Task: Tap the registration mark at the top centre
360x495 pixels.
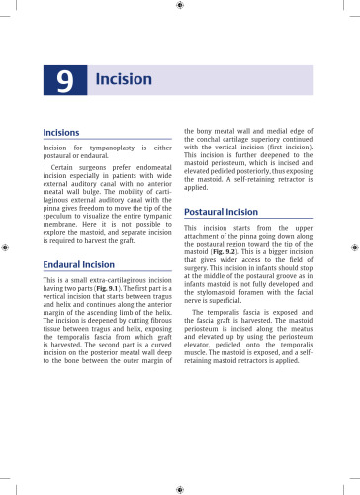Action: [179, 6]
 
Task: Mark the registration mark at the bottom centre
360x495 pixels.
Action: [179, 488]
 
